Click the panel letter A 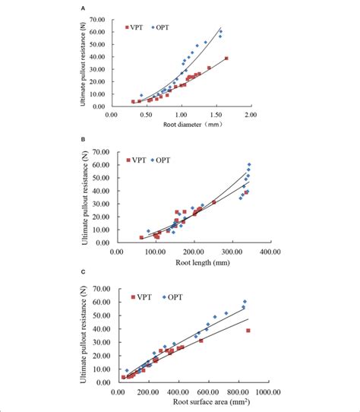[x=82, y=7]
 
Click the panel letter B [x=82, y=141]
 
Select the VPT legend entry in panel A [x=137, y=27]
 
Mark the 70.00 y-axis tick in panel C [x=96, y=288]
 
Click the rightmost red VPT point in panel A [x=226, y=59]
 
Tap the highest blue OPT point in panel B [x=249, y=165]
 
